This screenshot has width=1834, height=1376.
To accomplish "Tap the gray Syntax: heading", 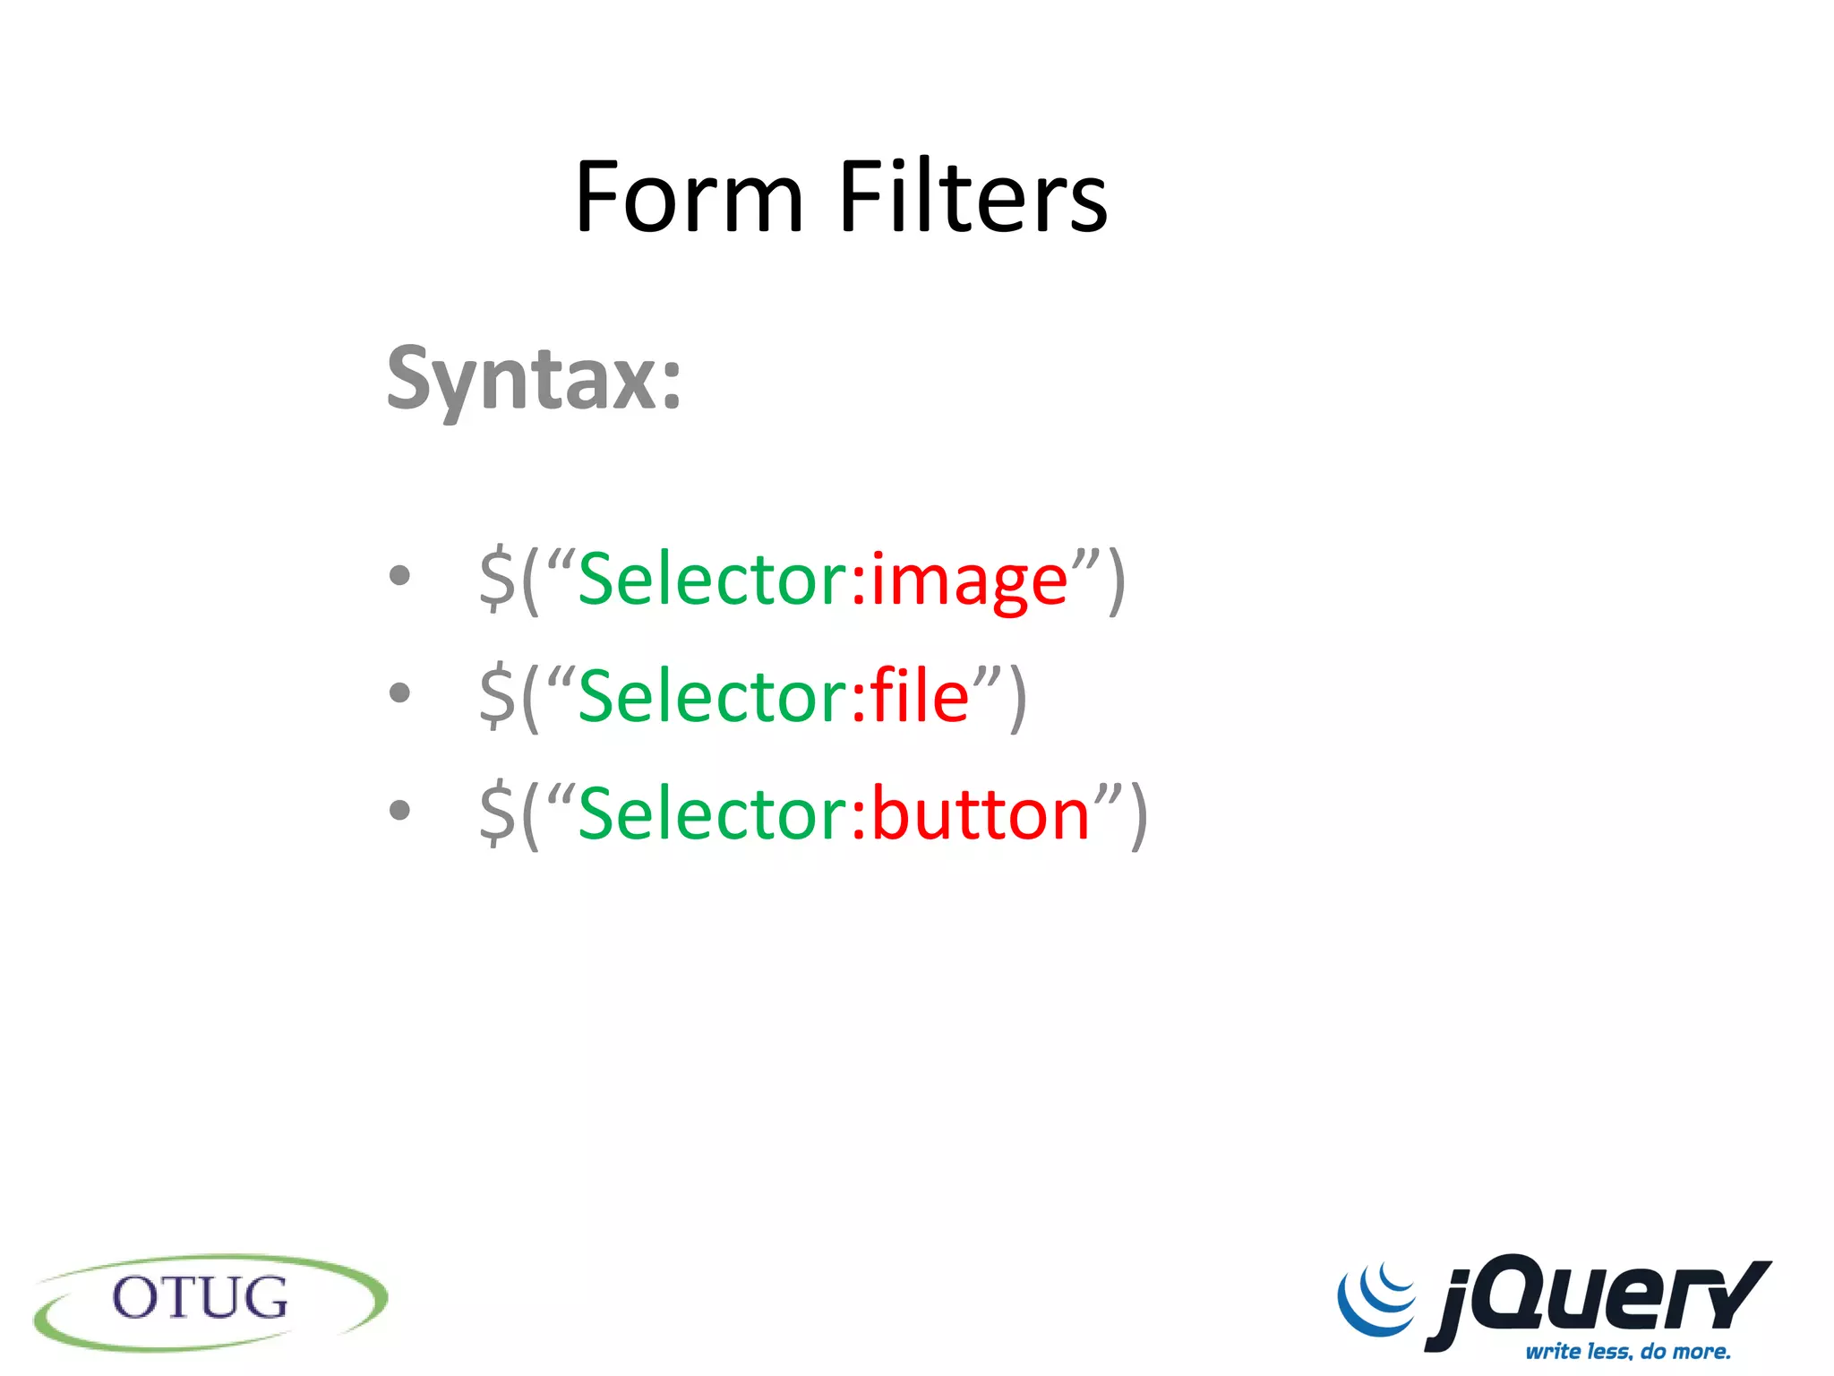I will [534, 381].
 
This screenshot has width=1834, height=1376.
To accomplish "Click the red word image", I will [969, 580].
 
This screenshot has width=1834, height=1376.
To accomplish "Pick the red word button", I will [980, 813].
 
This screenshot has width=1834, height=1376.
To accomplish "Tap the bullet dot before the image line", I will [399, 576].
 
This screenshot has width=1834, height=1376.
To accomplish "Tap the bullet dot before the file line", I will [399, 692].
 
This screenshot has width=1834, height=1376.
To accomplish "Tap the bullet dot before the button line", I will [399, 810].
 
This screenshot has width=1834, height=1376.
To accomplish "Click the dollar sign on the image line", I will [497, 580].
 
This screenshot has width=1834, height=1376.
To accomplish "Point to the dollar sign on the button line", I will [497, 813].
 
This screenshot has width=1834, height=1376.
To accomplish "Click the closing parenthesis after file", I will [1017, 699].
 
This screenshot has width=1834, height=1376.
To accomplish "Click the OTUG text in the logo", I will [201, 1298].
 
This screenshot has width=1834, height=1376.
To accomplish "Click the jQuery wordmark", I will [1598, 1299].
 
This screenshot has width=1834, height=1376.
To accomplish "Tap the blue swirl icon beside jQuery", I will [1377, 1299].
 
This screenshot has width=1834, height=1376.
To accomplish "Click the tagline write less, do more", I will [1627, 1351].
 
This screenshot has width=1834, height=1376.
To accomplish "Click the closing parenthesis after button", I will [1138, 815].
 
